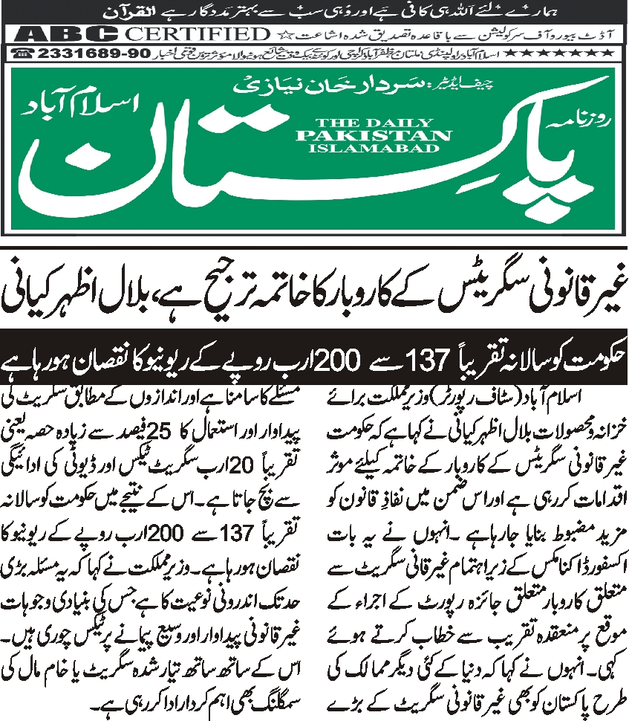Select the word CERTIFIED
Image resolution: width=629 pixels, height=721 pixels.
click(x=196, y=34)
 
